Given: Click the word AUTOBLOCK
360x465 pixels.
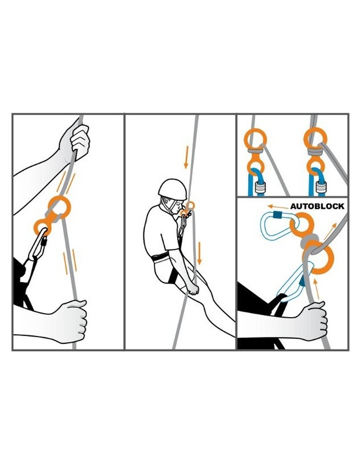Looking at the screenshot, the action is (317, 206).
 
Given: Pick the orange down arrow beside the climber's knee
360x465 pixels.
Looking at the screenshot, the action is (199, 253).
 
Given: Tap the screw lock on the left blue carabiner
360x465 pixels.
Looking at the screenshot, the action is (260, 188).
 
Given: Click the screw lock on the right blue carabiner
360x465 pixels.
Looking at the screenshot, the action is (321, 188).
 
